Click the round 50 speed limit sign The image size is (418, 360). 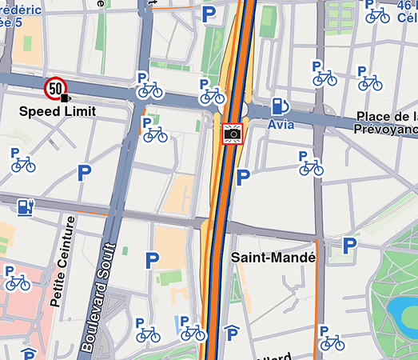coord(55,87)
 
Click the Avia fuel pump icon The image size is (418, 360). coord(280,105)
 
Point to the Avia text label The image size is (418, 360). coord(281,125)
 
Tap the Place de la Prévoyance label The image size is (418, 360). coord(388,122)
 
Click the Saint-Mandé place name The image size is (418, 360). coord(273,258)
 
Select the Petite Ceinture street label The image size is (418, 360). coord(62,261)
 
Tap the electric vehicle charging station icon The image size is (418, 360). coord(26,206)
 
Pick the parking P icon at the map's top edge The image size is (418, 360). coord(209,14)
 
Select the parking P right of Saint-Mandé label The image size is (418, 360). coord(349,246)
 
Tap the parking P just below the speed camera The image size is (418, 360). coord(244,178)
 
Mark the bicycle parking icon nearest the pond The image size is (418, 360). coord(330,339)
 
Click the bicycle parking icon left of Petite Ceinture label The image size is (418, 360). coord(16,279)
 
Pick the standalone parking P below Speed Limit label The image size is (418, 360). coord(84,172)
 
